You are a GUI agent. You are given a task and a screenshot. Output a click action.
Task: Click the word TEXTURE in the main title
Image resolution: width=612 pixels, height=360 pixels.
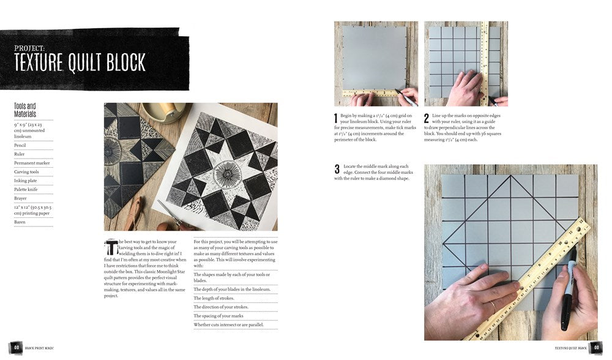point(39,62)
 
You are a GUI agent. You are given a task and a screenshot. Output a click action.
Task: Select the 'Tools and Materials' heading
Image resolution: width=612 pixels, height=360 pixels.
point(25,110)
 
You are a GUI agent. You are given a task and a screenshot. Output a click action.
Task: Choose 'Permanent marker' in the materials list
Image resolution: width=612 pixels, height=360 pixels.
point(32,163)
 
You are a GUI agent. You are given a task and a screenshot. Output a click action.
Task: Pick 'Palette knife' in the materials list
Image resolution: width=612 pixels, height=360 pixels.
point(26,190)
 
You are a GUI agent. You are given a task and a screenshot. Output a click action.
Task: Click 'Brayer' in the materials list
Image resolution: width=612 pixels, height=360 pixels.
point(21,198)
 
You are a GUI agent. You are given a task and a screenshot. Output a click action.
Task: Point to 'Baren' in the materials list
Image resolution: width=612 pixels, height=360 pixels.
point(20,222)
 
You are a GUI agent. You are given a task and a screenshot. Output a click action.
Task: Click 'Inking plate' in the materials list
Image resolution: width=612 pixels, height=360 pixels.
point(26,181)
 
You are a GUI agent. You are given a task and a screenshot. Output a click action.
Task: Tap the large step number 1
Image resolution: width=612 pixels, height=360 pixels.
point(336,118)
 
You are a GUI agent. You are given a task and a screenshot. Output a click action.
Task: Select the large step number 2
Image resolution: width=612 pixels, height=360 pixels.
point(427,118)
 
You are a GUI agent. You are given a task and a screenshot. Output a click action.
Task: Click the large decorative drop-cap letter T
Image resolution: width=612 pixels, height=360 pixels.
point(111,247)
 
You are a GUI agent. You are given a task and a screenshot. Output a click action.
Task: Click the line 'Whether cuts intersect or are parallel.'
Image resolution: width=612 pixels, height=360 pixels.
point(228,324)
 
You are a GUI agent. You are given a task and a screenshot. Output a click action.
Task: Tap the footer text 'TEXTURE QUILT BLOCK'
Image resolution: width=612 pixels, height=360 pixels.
point(570,348)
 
